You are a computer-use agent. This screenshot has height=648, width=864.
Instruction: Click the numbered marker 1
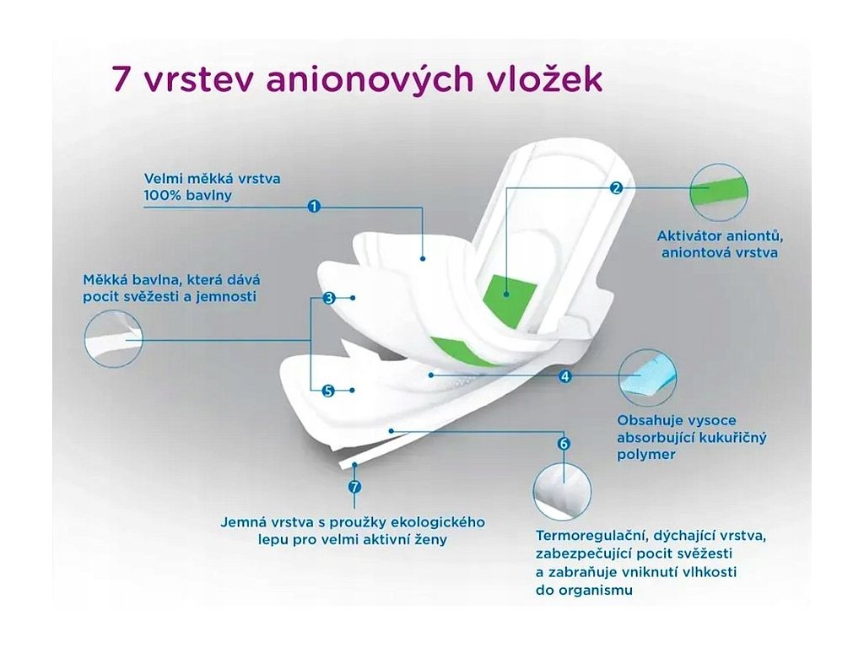tap(313, 205)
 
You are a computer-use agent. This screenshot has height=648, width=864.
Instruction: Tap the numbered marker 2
tap(616, 188)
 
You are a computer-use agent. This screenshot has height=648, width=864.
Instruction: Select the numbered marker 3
tap(328, 298)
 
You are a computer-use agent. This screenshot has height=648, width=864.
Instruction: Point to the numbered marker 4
tap(565, 376)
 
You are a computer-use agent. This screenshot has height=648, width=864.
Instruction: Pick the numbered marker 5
tap(328, 390)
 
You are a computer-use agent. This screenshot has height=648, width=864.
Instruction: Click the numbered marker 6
tap(564, 443)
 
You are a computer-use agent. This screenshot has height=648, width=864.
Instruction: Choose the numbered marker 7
tap(354, 486)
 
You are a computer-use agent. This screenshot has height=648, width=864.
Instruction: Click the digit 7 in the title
tap(121, 80)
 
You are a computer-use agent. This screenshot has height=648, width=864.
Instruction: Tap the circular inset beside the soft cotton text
tap(114, 338)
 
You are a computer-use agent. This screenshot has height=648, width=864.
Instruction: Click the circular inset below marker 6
tap(562, 491)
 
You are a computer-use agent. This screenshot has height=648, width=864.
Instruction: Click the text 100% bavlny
tap(187, 196)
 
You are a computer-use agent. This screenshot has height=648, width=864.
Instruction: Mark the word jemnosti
tap(225, 297)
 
